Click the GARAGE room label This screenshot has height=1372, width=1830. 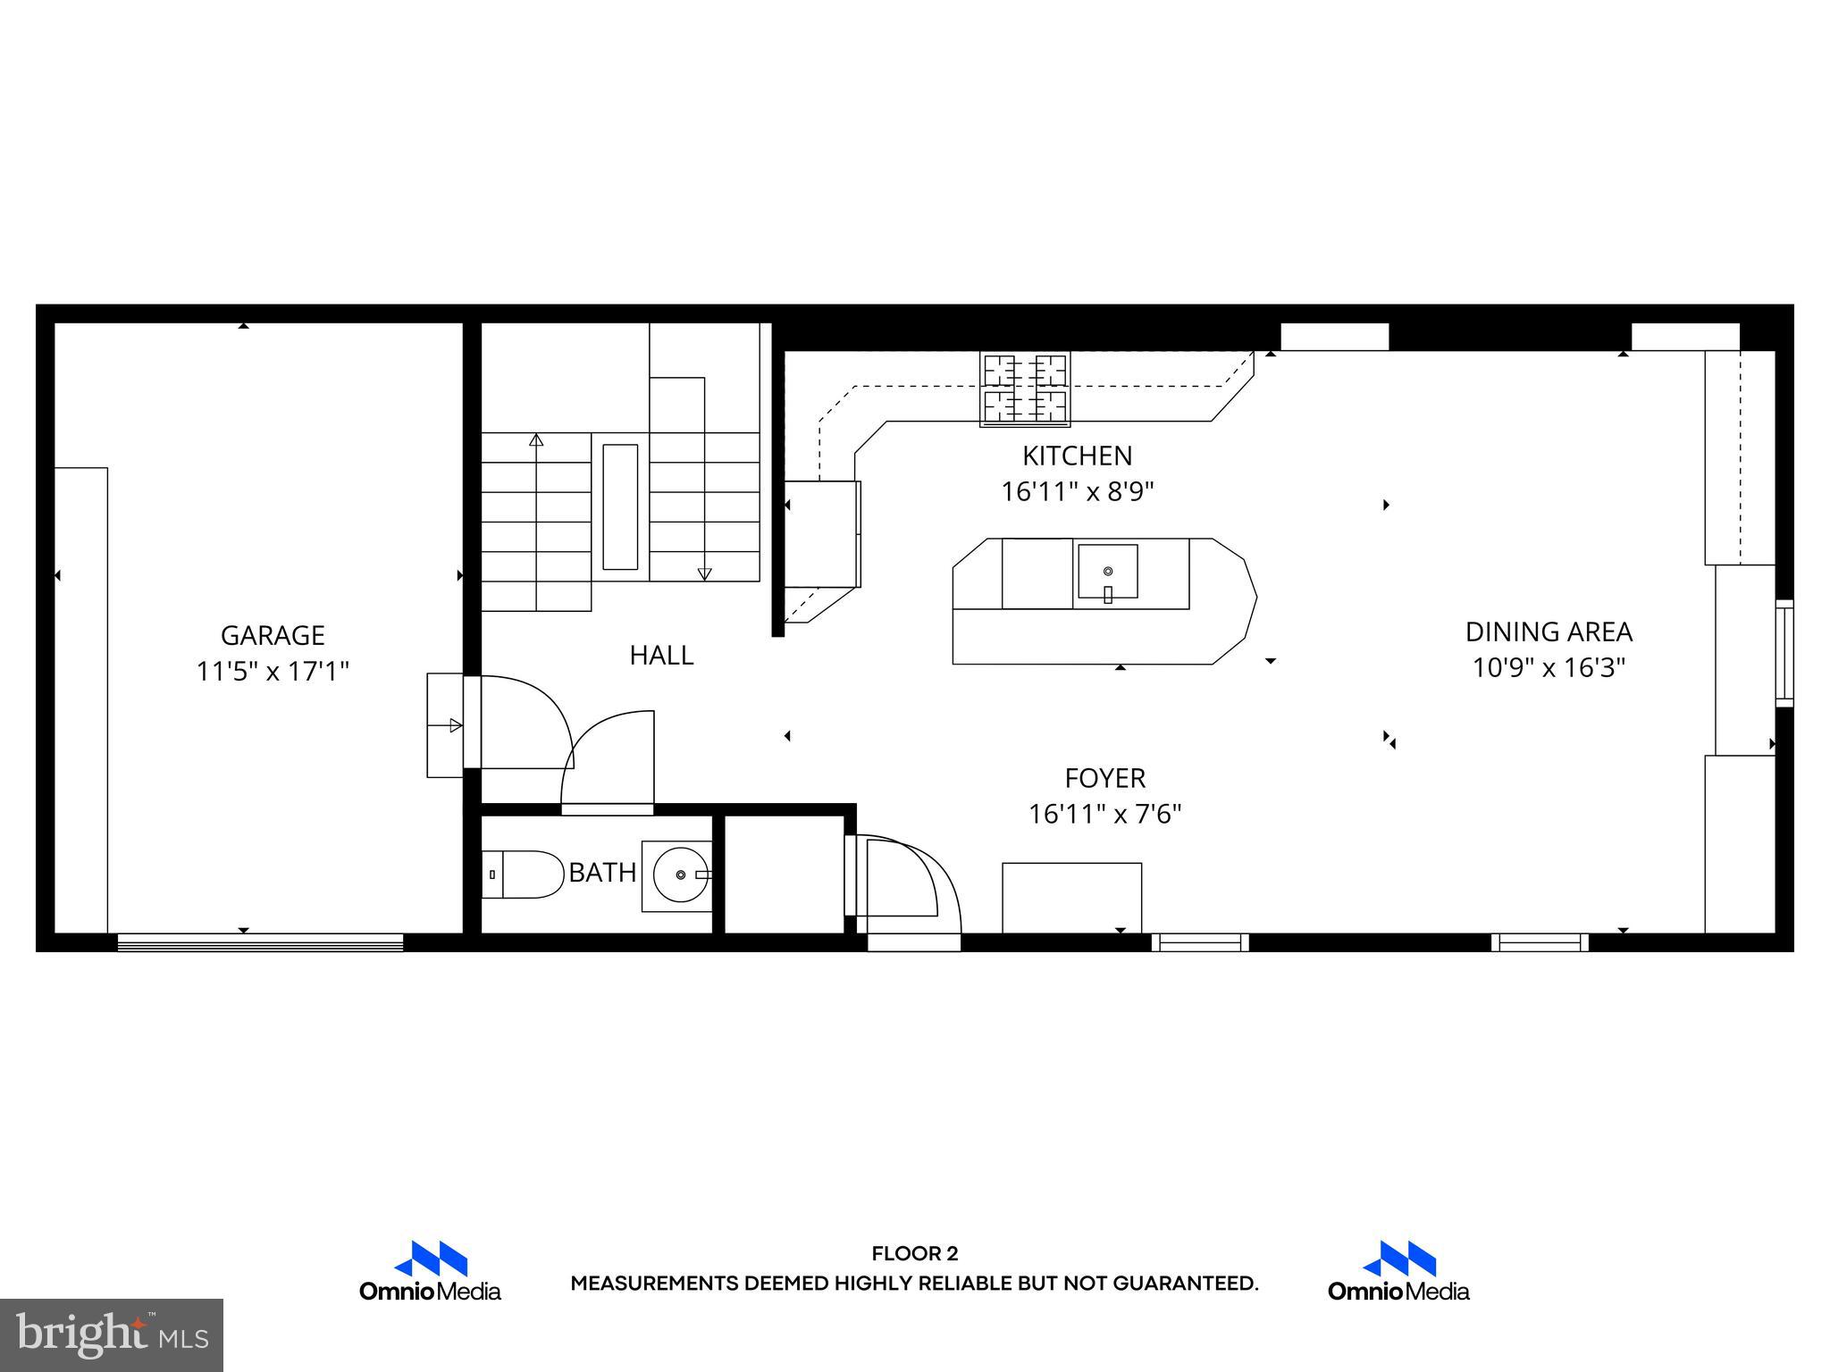(x=273, y=635)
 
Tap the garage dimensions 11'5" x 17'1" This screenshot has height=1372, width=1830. (x=273, y=671)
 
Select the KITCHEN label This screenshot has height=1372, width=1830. (x=1077, y=456)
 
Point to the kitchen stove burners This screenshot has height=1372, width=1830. (x=1025, y=389)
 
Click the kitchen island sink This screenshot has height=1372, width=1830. (x=1107, y=572)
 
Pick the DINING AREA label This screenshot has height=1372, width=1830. (x=1549, y=632)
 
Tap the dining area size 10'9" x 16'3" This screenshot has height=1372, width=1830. (x=1549, y=667)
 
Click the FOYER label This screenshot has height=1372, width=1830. (x=1104, y=778)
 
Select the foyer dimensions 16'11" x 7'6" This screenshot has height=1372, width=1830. (x=1104, y=814)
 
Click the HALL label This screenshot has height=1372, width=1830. (x=661, y=655)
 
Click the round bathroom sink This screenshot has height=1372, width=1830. (x=681, y=874)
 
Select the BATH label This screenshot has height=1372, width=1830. (x=602, y=873)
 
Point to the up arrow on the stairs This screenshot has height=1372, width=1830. (x=536, y=439)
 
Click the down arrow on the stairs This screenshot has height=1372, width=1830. (x=704, y=574)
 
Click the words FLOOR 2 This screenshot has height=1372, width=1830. (x=914, y=1253)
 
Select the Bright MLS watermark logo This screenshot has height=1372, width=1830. (x=112, y=1334)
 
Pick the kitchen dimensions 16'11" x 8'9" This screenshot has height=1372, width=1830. (x=1077, y=491)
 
